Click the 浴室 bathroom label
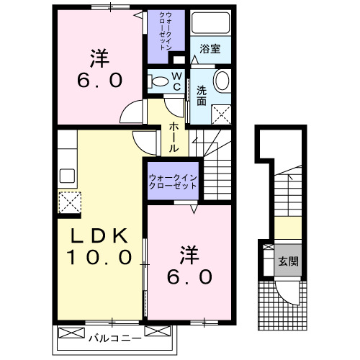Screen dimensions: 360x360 pos(210,49)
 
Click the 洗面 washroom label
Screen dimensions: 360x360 pos(202,96)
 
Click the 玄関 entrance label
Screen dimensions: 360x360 pos(289,261)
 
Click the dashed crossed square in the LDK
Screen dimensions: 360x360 pos(68,202)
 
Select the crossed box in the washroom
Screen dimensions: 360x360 pos(222,112)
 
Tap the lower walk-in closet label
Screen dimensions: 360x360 pos(173,181)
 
